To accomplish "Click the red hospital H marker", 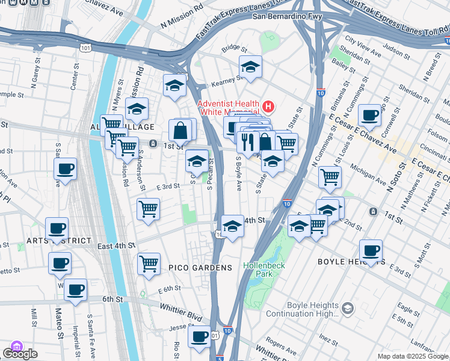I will click(268, 108).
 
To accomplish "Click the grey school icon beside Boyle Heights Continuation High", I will click(347, 309).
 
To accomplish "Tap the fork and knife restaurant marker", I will click(248, 142).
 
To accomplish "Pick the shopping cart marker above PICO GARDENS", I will click(148, 209).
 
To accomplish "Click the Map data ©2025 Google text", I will click(413, 356).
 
